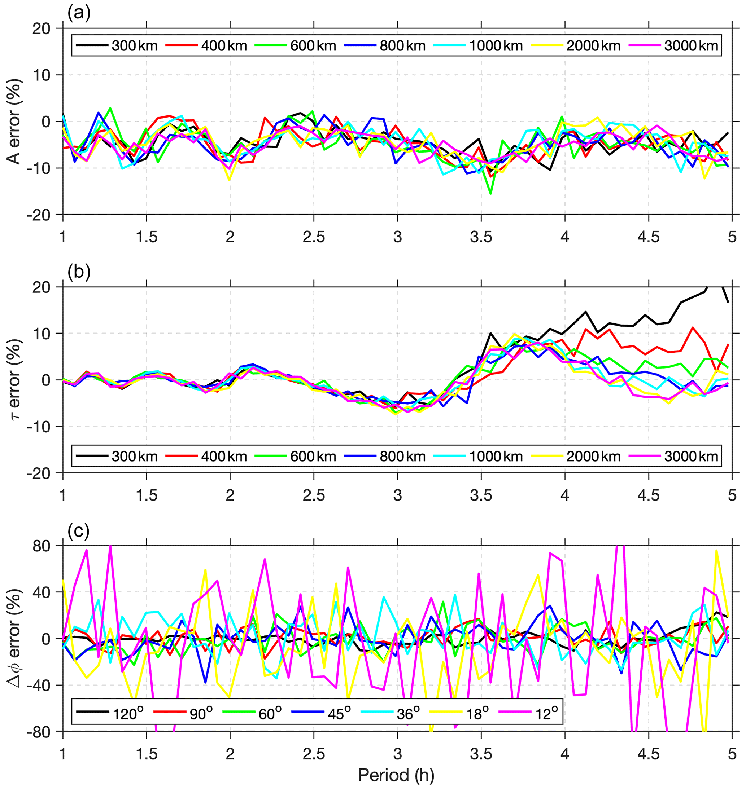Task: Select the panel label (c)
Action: (79, 531)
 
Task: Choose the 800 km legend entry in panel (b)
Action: (402, 456)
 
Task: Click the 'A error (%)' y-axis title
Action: (15, 121)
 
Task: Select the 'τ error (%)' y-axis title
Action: (15, 380)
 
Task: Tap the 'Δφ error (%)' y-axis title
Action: (15, 638)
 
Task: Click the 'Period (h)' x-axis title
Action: (396, 774)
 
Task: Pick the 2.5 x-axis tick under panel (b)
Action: (314, 495)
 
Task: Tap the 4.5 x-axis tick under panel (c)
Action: (649, 754)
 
